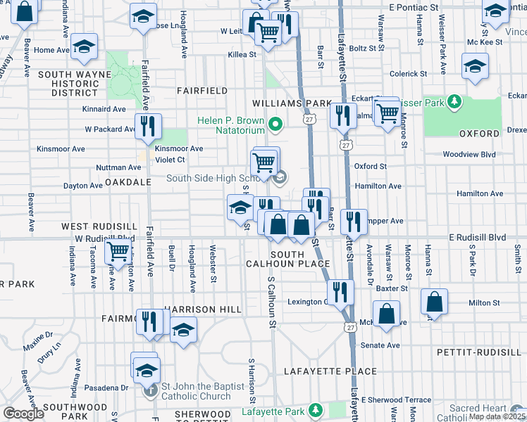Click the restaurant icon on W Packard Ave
click(148, 127)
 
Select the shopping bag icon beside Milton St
click(435, 302)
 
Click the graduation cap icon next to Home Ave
click(85, 46)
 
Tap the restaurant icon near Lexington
click(341, 292)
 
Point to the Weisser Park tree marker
click(455, 103)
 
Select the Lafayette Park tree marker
click(316, 409)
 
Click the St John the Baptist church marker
click(149, 391)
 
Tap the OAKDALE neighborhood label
click(128, 181)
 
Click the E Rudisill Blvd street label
click(478, 238)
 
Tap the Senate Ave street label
click(380, 345)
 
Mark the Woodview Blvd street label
click(469, 155)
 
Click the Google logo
click(23, 414)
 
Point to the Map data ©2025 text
click(497, 408)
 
